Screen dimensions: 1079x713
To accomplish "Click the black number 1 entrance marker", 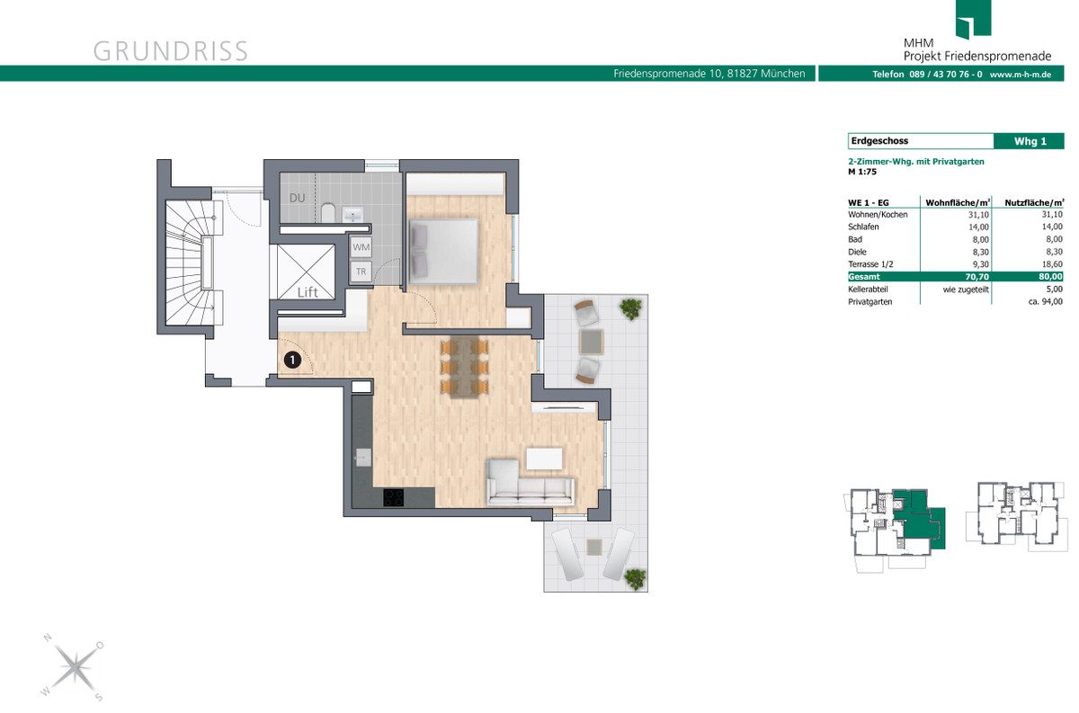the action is (x=292, y=360).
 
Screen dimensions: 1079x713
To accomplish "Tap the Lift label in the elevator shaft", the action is (x=308, y=292).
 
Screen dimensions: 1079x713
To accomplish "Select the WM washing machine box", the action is (x=361, y=247).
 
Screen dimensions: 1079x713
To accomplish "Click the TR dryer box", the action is (x=361, y=272).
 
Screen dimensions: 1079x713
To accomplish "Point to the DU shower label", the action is (x=298, y=198).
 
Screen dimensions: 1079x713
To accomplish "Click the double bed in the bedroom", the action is (x=443, y=251).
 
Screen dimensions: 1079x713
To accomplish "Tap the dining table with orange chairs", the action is (x=464, y=366).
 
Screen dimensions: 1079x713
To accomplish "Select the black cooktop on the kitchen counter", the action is (x=394, y=497).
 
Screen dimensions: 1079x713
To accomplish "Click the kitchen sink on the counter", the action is (x=362, y=457).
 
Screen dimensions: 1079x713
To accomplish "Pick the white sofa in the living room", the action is (x=530, y=483).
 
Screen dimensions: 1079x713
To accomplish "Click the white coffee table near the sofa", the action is (x=544, y=459).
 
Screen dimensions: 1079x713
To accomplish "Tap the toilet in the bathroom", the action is (x=328, y=212).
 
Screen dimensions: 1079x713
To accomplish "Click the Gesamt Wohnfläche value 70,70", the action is (x=976, y=277).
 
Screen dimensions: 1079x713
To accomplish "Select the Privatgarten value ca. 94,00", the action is (x=1045, y=301).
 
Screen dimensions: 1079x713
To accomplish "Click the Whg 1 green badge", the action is (x=1030, y=141).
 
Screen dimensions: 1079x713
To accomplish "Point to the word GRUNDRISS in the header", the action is (x=171, y=51).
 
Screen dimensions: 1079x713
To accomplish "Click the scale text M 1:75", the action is (x=862, y=172).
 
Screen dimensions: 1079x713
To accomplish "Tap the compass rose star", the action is (x=74, y=667).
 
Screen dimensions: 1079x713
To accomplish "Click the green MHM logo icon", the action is (x=973, y=19).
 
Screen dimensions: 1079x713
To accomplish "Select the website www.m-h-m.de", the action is (x=1021, y=75).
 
